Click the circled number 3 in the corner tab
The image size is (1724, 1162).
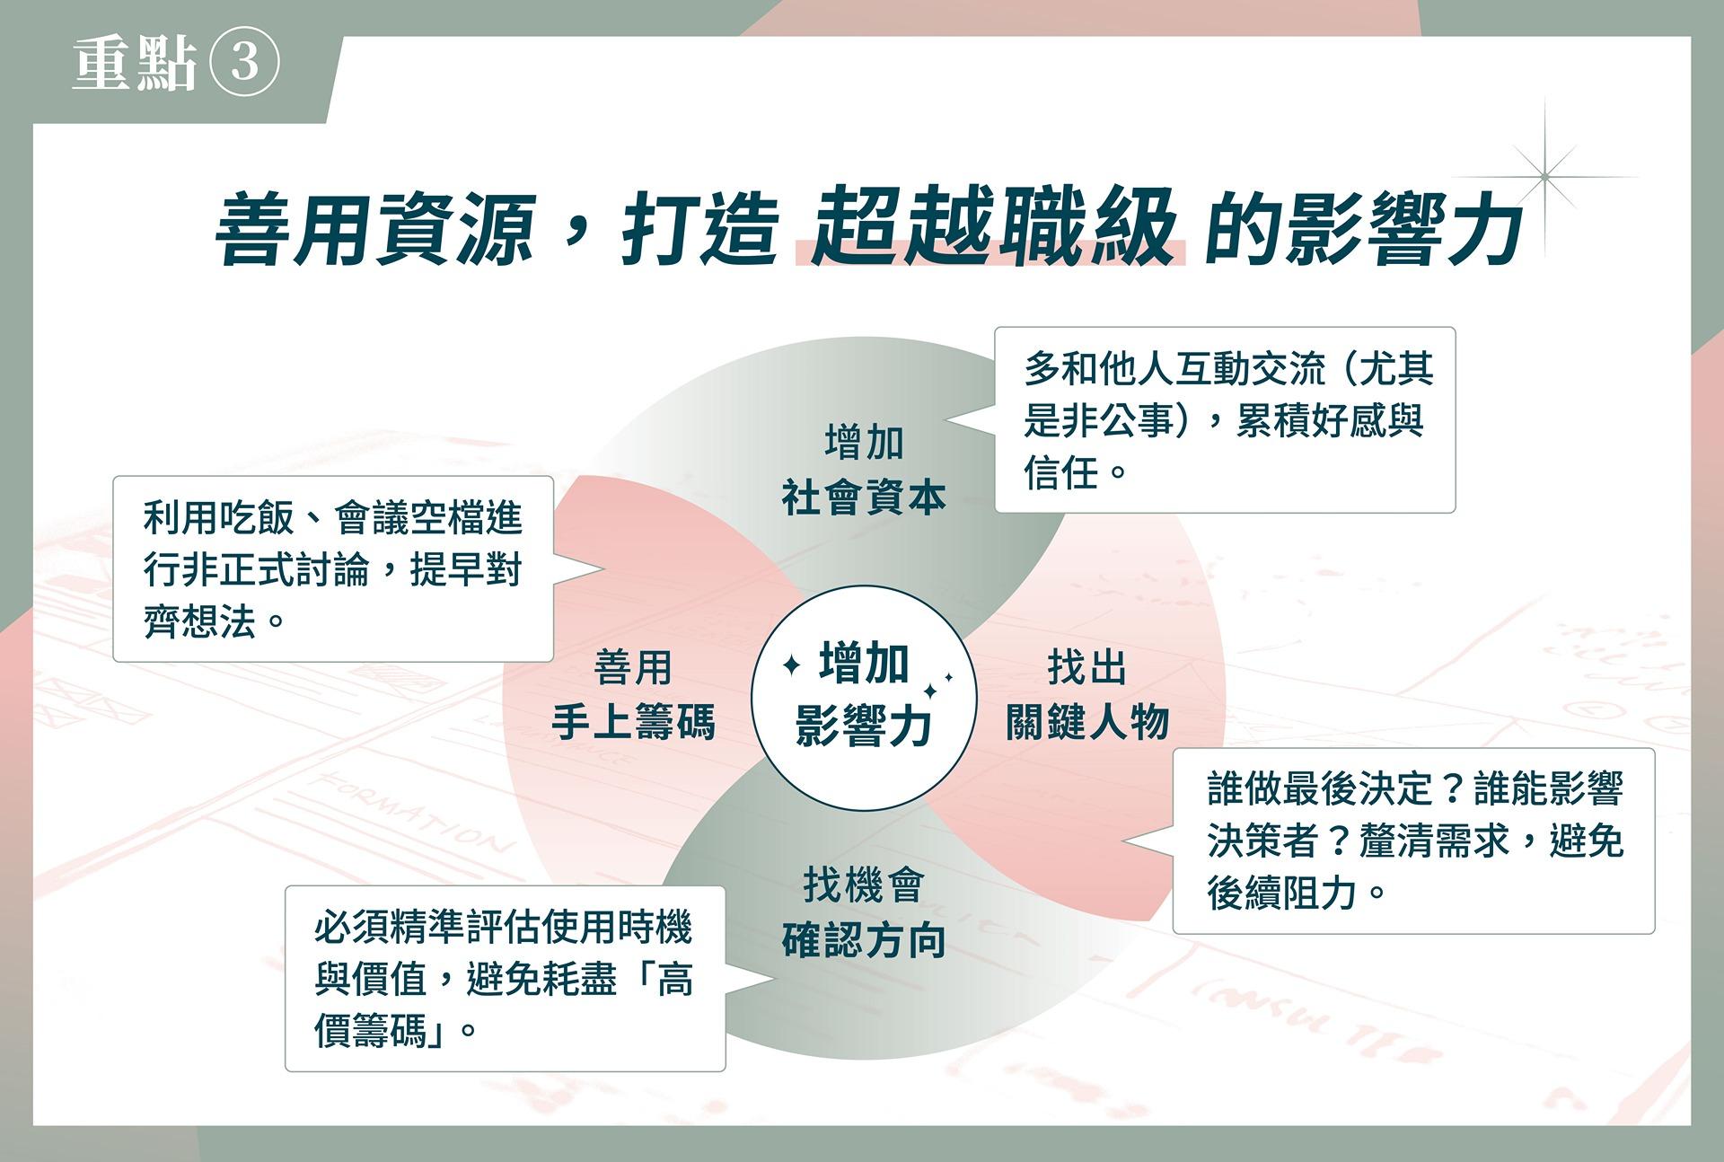tap(244, 63)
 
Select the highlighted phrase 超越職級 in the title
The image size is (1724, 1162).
tap(991, 227)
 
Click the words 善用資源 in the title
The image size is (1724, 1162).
tap(375, 230)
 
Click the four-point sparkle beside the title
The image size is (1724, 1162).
tap(1545, 177)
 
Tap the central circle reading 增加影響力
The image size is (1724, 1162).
tap(864, 698)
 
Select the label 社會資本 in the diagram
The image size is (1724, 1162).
tap(864, 497)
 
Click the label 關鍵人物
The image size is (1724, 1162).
tap(1087, 721)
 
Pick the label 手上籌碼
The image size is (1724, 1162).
tap(633, 721)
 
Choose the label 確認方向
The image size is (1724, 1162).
tap(864, 940)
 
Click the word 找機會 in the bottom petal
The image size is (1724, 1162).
tap(864, 885)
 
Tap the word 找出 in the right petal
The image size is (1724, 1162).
tap(1087, 667)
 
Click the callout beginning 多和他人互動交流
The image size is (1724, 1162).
tap(1225, 420)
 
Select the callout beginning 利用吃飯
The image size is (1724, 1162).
tap(333, 569)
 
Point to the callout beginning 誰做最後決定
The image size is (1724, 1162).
tap(1413, 841)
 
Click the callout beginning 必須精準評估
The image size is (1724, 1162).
tap(506, 979)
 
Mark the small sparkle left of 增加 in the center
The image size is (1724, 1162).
tap(792, 665)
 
